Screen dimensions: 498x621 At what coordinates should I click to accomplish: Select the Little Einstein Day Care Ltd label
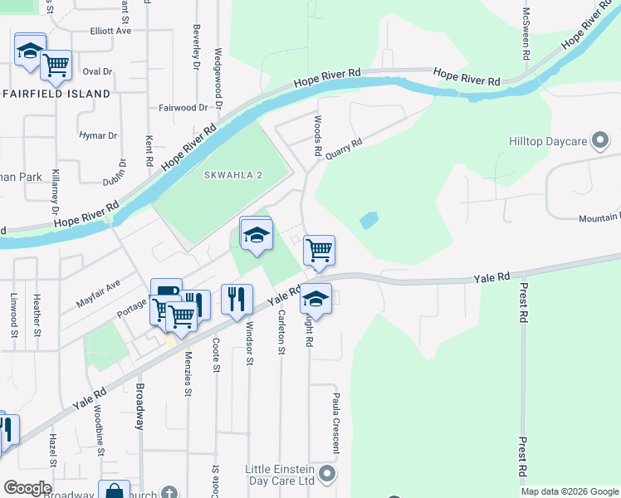tap(281, 474)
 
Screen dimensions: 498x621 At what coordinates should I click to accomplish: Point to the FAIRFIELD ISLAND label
tap(56, 94)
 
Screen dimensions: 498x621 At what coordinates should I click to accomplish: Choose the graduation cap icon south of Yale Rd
tap(315, 297)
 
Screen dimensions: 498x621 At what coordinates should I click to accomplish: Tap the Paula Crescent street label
tap(336, 423)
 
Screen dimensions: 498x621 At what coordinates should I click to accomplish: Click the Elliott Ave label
tap(111, 31)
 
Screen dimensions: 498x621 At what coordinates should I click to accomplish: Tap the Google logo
tap(27, 488)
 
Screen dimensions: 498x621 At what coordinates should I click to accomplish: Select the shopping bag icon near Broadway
tap(114, 492)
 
